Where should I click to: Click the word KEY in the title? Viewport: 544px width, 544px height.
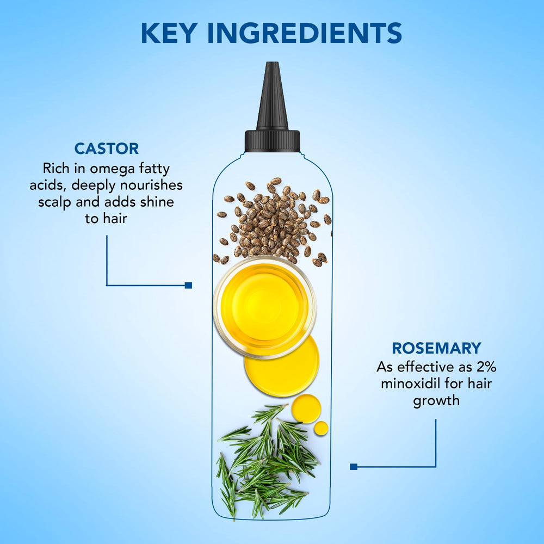tap(169, 33)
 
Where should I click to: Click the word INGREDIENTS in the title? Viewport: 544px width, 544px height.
tap(305, 33)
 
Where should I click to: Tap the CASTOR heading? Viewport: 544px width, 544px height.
tap(107, 149)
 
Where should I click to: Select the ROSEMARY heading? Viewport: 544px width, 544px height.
tap(436, 348)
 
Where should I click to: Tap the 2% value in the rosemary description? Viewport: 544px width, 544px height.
tap(486, 367)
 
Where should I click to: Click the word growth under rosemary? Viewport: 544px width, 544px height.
tap(436, 401)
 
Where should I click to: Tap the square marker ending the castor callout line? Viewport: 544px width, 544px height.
tap(188, 285)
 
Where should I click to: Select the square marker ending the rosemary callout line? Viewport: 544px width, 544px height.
tap(354, 467)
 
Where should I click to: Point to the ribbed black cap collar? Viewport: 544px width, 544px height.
tap(273, 141)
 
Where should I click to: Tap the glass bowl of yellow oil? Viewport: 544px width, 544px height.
tap(265, 307)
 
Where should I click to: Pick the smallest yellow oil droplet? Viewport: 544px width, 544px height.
tap(321, 428)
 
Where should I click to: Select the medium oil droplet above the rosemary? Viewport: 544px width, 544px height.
tap(306, 409)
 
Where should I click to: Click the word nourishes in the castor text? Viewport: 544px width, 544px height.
tap(152, 186)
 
